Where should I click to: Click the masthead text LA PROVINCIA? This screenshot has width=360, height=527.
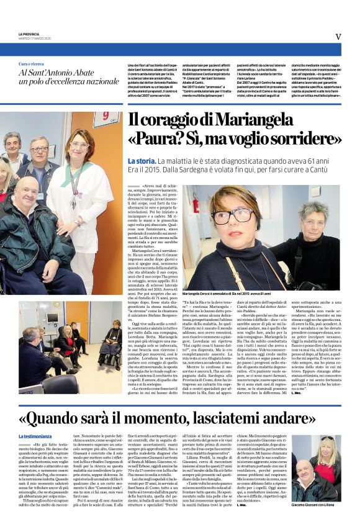(30, 34)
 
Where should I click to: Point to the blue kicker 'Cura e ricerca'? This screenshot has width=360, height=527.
(31, 65)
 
